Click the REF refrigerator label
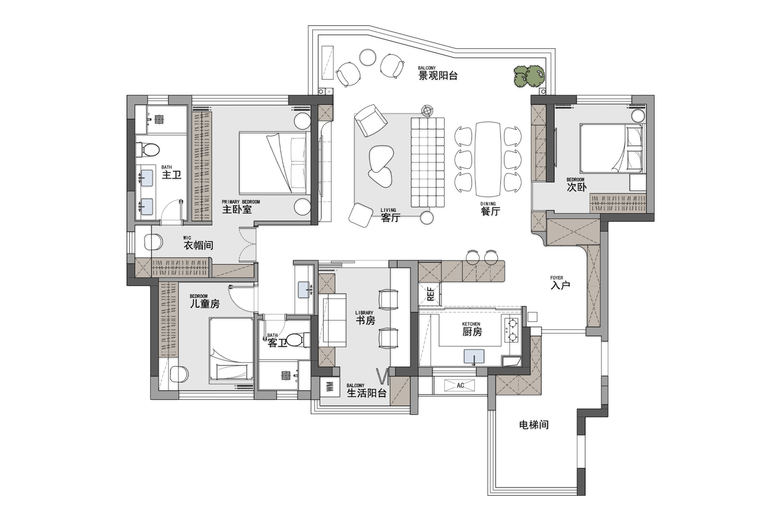pos(431,294)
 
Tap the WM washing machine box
pos(329,387)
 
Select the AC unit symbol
pos(460,385)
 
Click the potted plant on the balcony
pos(529,76)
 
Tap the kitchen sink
pos(474,356)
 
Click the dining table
pos(488,159)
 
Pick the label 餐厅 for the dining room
pos(491,211)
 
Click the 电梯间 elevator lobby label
pos(534,425)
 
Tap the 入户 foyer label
pos(560,285)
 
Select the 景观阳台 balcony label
pos(438,76)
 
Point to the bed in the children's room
pos(231,349)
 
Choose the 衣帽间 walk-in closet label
pos(198,245)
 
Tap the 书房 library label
pos(365,320)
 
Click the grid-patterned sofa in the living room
pos(428,162)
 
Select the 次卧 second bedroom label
pos(576,187)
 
